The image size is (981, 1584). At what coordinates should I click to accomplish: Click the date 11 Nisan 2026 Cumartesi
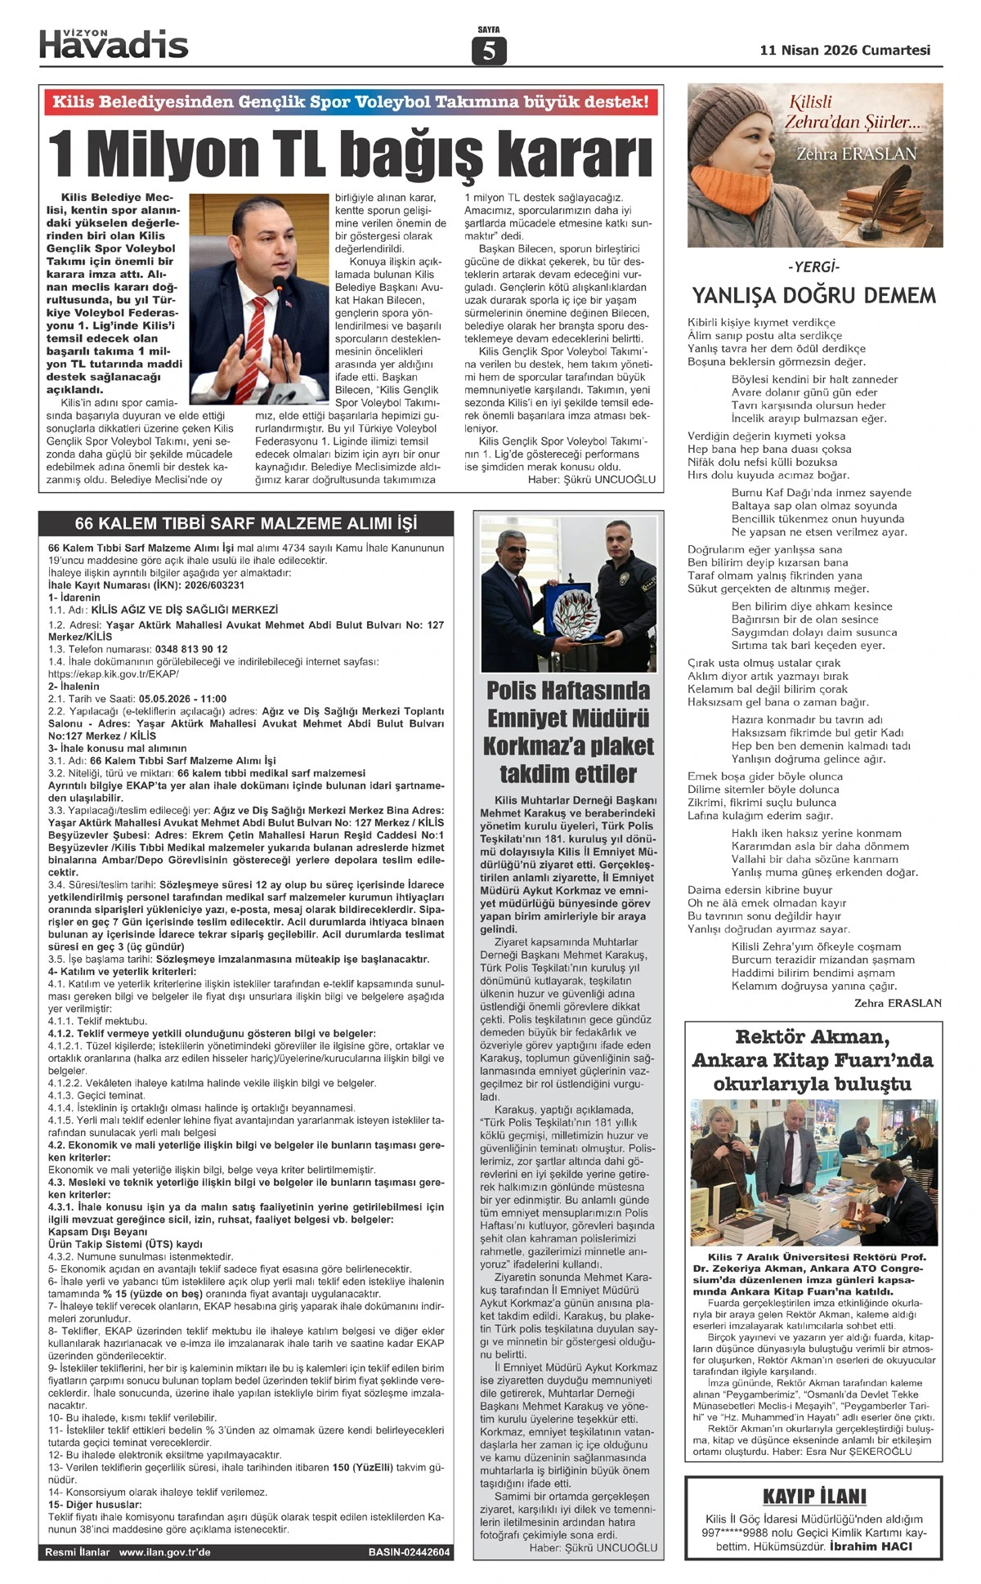point(844,50)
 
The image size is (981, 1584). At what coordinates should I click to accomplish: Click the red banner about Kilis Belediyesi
point(351,101)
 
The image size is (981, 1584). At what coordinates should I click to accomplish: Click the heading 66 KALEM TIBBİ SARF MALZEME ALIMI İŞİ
point(245,523)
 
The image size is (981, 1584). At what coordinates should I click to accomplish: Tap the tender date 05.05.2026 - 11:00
point(182,699)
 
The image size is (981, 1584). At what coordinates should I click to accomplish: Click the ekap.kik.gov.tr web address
point(114,674)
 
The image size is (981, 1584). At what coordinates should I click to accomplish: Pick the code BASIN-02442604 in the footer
point(409,1552)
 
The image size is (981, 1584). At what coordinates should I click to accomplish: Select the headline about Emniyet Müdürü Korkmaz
point(568,732)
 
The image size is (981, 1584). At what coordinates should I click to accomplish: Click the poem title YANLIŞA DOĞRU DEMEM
point(813,295)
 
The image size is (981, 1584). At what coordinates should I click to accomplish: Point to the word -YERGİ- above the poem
point(813,267)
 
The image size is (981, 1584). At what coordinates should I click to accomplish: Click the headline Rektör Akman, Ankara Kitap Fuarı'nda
point(812,1060)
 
